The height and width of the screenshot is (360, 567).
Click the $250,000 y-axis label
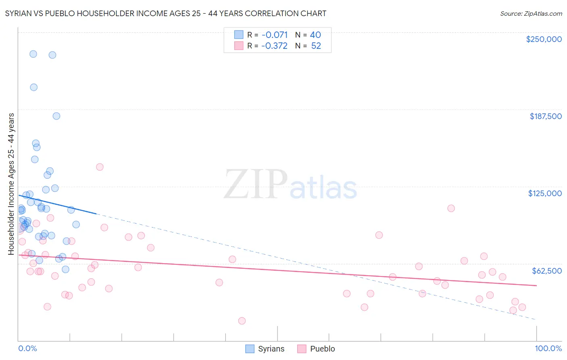click(x=544, y=39)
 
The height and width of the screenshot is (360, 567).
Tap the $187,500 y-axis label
click(x=545, y=116)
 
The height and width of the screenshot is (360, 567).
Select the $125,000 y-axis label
click(x=545, y=193)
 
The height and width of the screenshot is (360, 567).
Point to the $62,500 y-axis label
click(x=546, y=271)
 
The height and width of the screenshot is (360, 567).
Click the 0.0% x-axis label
click(x=27, y=348)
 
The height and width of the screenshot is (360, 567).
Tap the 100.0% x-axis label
click(x=548, y=348)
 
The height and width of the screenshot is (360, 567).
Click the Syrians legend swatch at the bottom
click(x=250, y=349)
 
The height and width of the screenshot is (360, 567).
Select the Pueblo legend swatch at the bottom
click(x=302, y=349)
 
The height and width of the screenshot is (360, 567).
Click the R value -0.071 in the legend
click(x=274, y=35)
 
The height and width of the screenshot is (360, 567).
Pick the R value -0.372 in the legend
click(x=274, y=46)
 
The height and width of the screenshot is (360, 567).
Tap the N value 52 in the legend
click(x=316, y=46)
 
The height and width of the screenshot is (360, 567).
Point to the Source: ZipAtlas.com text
click(x=531, y=14)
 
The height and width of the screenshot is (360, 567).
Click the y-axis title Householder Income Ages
click(x=11, y=184)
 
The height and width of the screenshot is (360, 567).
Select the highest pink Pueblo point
click(x=100, y=167)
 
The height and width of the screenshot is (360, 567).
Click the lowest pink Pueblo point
click(x=242, y=321)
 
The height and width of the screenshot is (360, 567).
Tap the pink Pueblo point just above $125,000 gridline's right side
click(x=451, y=208)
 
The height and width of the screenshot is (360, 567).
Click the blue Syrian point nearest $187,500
click(x=56, y=116)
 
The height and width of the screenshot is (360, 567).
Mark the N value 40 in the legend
click(x=315, y=35)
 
